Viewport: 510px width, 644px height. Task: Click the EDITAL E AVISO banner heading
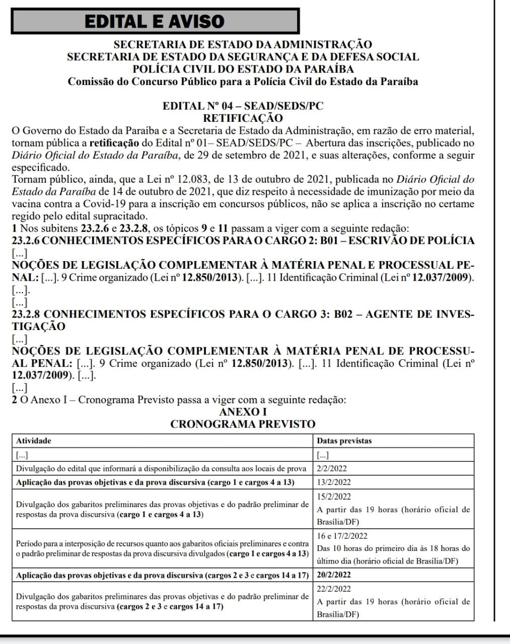coord(155,21)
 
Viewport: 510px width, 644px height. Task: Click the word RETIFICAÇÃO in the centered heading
coord(243,118)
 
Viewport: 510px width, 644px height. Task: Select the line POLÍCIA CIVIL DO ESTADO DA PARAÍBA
coord(243,69)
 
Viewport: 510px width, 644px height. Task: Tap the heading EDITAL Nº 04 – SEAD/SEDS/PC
coord(243,106)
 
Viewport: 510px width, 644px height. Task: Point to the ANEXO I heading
coord(243,412)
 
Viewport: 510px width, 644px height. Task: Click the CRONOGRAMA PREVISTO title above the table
coord(243,424)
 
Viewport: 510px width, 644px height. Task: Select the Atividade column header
coord(34,441)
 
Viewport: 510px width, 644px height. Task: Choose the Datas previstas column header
coord(344,441)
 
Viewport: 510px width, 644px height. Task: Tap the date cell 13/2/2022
coord(334,482)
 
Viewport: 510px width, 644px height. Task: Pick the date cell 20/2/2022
coord(334,575)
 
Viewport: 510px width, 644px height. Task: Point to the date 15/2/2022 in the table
coord(334,497)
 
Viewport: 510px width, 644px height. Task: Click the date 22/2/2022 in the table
coord(334,589)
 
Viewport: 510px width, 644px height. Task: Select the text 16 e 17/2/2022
coord(342,536)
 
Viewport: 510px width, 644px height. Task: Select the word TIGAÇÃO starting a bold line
coord(38,327)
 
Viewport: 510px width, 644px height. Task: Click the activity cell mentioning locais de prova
coord(161,468)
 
